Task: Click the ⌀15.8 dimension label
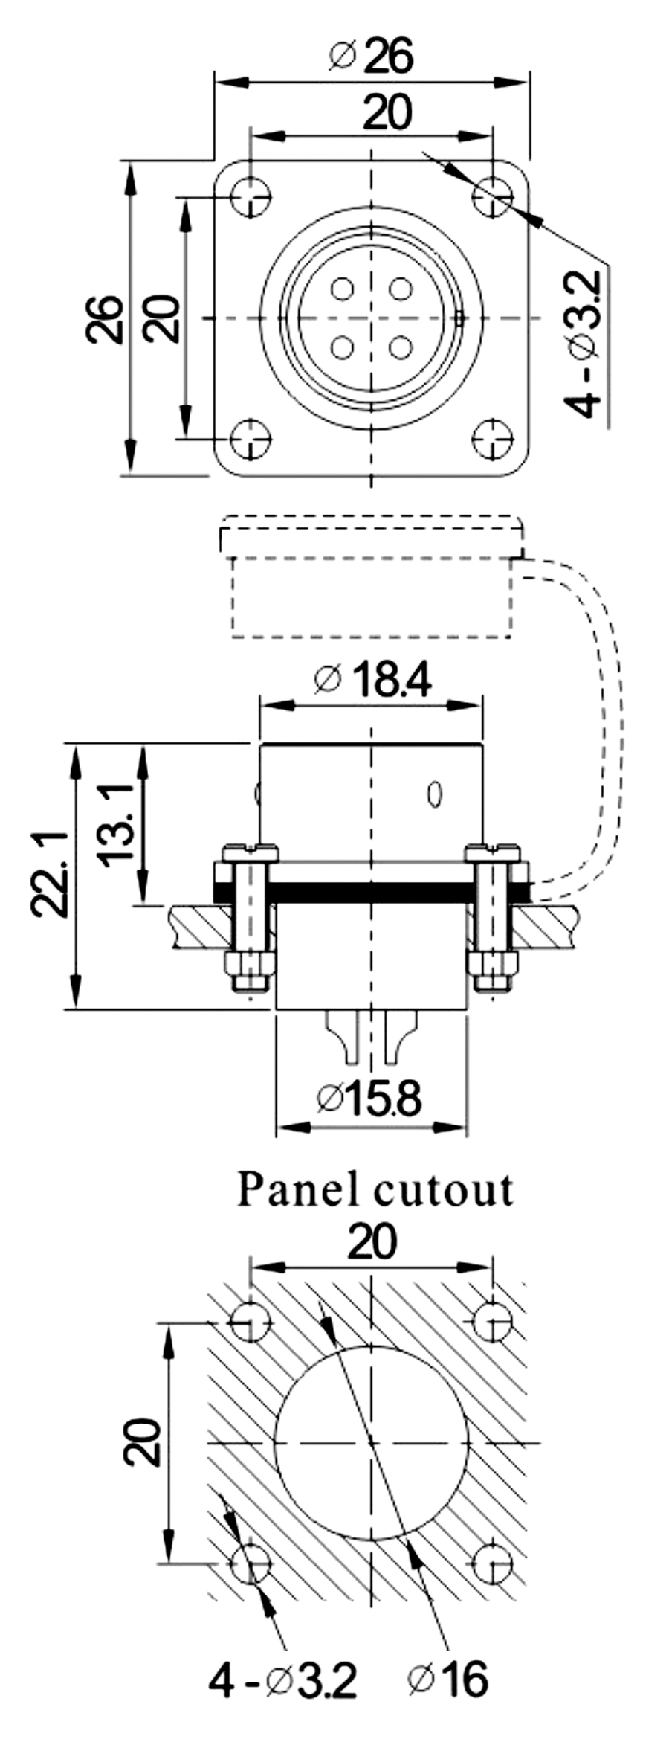(370, 1099)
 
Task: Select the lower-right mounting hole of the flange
(492, 439)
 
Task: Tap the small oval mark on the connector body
(436, 794)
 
